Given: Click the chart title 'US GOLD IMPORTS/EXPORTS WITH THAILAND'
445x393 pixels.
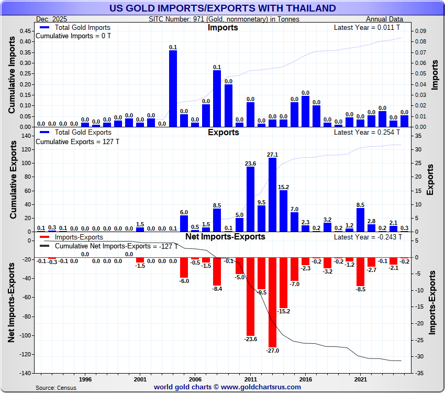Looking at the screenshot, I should [222, 8].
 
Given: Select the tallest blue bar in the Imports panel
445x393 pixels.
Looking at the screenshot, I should [173, 89].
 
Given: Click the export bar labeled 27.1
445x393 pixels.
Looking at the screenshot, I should [272, 194].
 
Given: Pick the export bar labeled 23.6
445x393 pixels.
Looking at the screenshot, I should [250, 199].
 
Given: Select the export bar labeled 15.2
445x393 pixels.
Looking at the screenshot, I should [283, 211].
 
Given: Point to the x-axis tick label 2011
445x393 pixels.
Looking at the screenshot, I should [250, 378].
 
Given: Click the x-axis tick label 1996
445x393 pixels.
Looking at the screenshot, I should [85, 378].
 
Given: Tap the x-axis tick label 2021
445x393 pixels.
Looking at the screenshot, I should [360, 378].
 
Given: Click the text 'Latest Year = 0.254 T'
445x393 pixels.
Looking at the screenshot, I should [368, 132].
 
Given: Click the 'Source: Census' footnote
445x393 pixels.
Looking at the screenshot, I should [55, 388].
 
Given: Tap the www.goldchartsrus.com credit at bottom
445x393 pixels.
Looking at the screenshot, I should [227, 387].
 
